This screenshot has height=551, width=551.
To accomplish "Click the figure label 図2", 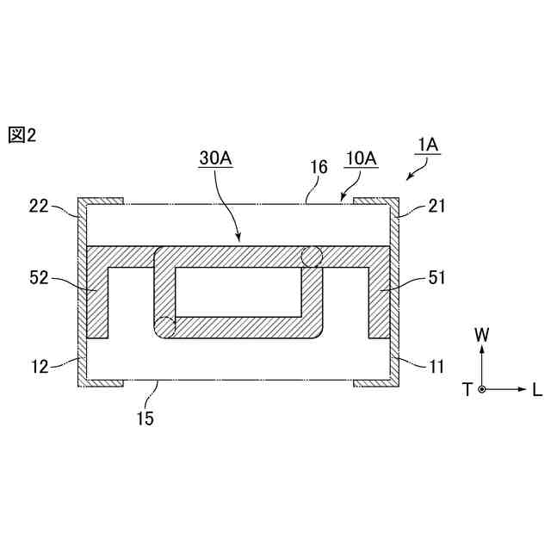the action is click(x=22, y=135).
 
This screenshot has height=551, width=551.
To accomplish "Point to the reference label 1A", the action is click(x=428, y=145).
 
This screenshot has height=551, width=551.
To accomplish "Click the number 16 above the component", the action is click(x=319, y=167).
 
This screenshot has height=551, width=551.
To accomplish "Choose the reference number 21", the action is click(x=434, y=207).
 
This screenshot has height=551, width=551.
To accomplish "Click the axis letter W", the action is click(x=482, y=331).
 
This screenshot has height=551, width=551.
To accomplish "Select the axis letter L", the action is click(x=536, y=390).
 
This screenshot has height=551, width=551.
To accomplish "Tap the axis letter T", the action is click(x=467, y=390).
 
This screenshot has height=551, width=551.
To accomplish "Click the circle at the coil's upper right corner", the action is click(x=311, y=256).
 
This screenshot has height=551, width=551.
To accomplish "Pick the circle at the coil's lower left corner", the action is click(x=164, y=327).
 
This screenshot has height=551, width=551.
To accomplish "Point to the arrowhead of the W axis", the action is click(x=482, y=349).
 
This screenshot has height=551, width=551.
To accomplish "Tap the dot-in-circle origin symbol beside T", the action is click(x=482, y=390).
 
